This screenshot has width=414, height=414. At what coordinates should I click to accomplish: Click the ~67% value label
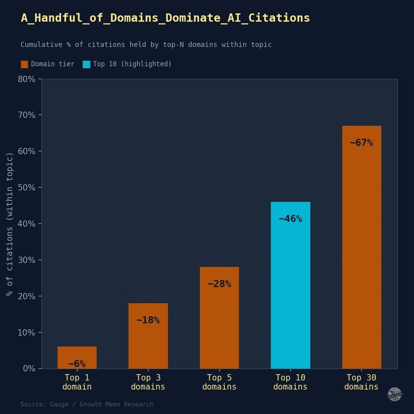(x=362, y=143)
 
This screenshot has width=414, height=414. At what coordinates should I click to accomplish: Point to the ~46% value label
(x=290, y=219)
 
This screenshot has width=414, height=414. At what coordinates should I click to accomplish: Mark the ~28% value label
(x=219, y=284)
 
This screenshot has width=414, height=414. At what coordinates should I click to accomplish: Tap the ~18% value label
(x=148, y=320)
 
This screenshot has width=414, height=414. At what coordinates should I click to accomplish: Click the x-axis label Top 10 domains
(x=290, y=382)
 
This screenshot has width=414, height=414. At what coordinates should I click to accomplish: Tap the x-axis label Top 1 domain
(x=77, y=382)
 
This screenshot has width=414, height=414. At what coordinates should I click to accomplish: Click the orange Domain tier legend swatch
(x=24, y=64)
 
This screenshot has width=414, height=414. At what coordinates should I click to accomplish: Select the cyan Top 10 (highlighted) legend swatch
(x=86, y=64)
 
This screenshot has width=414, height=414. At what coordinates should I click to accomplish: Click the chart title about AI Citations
(x=165, y=18)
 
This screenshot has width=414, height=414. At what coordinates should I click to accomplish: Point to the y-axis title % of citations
(x=10, y=224)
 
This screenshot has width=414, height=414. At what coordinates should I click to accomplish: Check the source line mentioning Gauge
(x=87, y=405)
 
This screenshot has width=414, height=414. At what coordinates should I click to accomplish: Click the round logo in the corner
(x=394, y=394)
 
